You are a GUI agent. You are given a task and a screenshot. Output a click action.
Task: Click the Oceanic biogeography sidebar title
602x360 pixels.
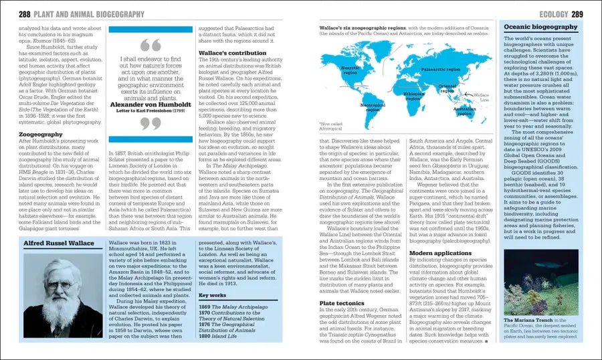[540, 27]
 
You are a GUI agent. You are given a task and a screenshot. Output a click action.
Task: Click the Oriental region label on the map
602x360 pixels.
[466, 88]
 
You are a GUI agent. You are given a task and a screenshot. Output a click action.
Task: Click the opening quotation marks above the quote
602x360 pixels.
[151, 45]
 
